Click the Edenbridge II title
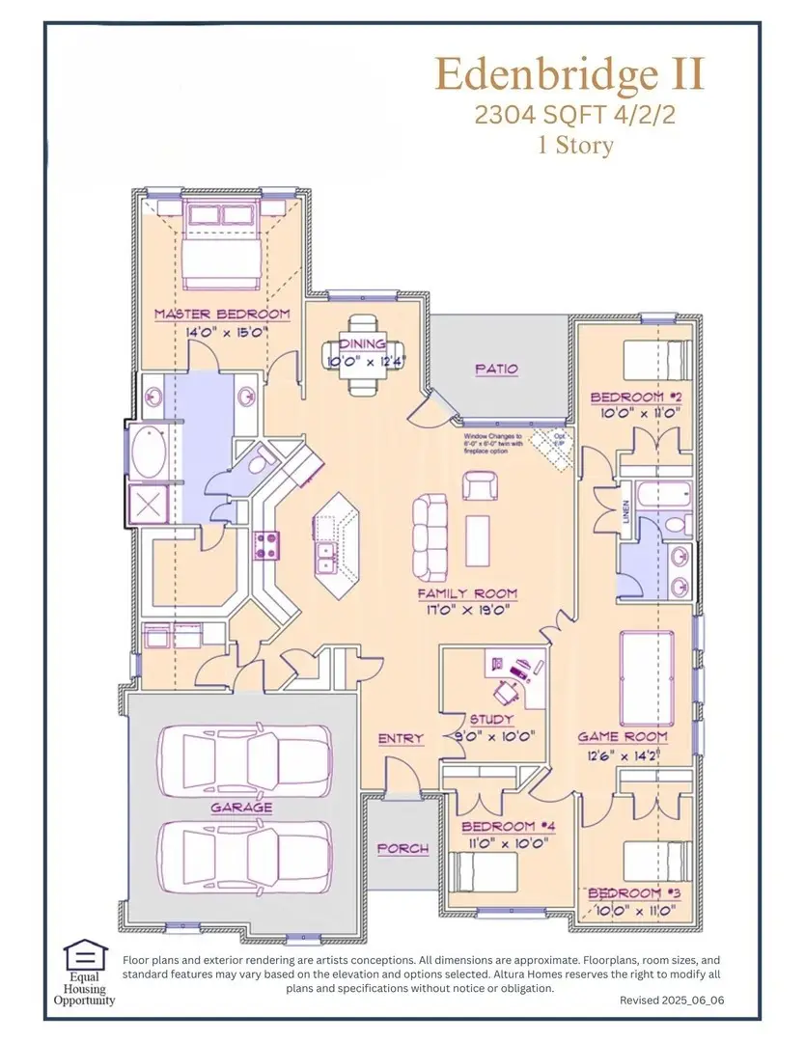click(569, 74)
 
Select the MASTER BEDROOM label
click(222, 315)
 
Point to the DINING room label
click(362, 344)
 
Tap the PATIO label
click(496, 369)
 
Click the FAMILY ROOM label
click(467, 594)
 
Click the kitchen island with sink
click(335, 544)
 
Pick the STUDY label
click(491, 720)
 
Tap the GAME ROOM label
click(623, 736)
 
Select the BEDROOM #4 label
click(505, 827)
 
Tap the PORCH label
click(402, 848)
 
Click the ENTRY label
click(401, 739)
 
